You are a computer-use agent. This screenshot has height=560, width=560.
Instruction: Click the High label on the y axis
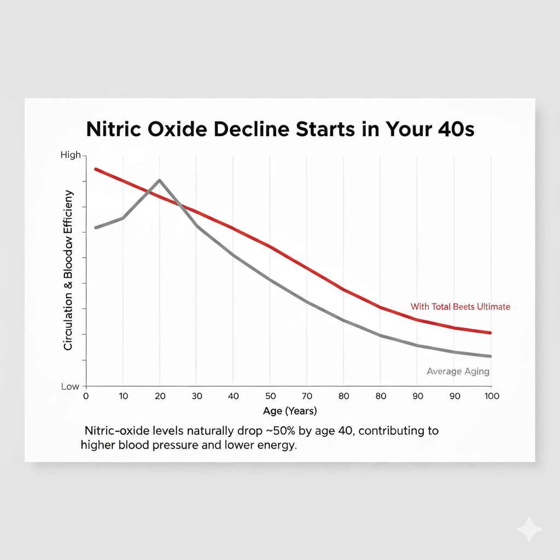tap(70, 155)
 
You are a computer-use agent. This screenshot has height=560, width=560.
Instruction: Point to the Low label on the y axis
tap(70, 387)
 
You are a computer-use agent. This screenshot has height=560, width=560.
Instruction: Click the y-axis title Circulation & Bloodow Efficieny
tap(68, 270)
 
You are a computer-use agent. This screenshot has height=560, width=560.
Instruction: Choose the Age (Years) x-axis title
tap(290, 411)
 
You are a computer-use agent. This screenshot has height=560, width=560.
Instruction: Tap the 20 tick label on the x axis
tap(159, 396)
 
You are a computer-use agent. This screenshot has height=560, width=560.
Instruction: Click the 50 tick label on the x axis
tap(270, 396)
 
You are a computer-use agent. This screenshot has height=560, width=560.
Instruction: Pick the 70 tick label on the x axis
tap(307, 396)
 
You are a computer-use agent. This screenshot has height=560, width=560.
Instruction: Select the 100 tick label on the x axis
tap(491, 396)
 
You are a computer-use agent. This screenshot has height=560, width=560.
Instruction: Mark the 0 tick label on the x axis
tap(85, 396)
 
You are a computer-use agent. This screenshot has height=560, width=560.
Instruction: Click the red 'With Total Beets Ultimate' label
tap(460, 307)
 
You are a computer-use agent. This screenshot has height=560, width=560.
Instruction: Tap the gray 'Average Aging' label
tap(458, 371)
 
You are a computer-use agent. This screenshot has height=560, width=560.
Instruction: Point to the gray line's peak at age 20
tap(159, 180)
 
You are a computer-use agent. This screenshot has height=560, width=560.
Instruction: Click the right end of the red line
tap(491, 332)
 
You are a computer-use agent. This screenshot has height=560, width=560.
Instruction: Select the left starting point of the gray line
tap(96, 227)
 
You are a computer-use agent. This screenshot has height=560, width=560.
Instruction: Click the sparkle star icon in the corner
tap(529, 529)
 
